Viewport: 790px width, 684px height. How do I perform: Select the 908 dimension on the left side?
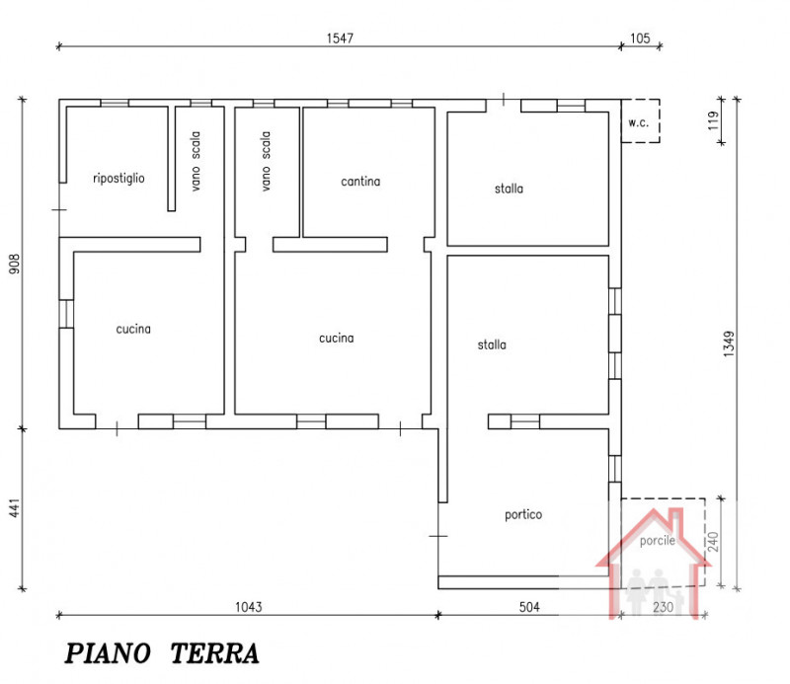click(x=14, y=265)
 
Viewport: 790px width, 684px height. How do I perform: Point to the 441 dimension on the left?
click(x=14, y=507)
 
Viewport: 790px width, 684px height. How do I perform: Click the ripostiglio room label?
click(x=118, y=178)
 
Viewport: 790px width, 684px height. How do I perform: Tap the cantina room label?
click(x=360, y=182)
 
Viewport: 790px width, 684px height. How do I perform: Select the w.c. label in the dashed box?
click(x=639, y=123)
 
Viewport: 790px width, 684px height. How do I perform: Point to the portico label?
click(x=522, y=514)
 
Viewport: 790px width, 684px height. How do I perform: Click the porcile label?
click(x=658, y=541)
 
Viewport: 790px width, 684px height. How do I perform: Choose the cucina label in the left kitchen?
click(x=133, y=329)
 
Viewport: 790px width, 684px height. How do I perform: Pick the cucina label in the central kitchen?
click(x=336, y=338)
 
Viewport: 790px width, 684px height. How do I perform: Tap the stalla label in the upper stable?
click(x=510, y=188)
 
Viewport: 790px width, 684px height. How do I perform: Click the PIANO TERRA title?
click(x=163, y=653)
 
